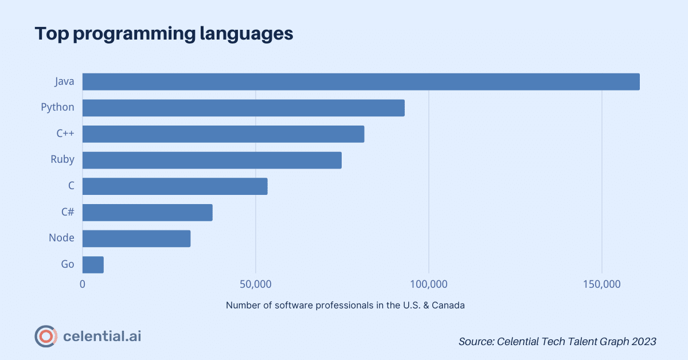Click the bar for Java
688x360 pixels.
[361, 81]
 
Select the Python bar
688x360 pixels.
[243, 108]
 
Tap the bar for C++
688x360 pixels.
[223, 134]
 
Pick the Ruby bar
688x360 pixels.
[212, 161]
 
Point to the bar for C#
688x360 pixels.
[147, 213]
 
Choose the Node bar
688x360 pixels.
[136, 238]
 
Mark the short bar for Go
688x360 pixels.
[93, 265]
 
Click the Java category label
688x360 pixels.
[64, 81]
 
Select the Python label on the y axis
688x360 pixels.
[57, 108]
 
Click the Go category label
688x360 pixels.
[67, 265]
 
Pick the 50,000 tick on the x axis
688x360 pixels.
[255, 284]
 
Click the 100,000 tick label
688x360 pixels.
[428, 284]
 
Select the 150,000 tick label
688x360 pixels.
[601, 284]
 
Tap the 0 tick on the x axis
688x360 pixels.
[83, 284]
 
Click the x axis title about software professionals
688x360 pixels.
[345, 305]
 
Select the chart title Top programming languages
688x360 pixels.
[163, 33]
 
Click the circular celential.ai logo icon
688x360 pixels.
[45, 336]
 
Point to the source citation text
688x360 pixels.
[557, 341]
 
